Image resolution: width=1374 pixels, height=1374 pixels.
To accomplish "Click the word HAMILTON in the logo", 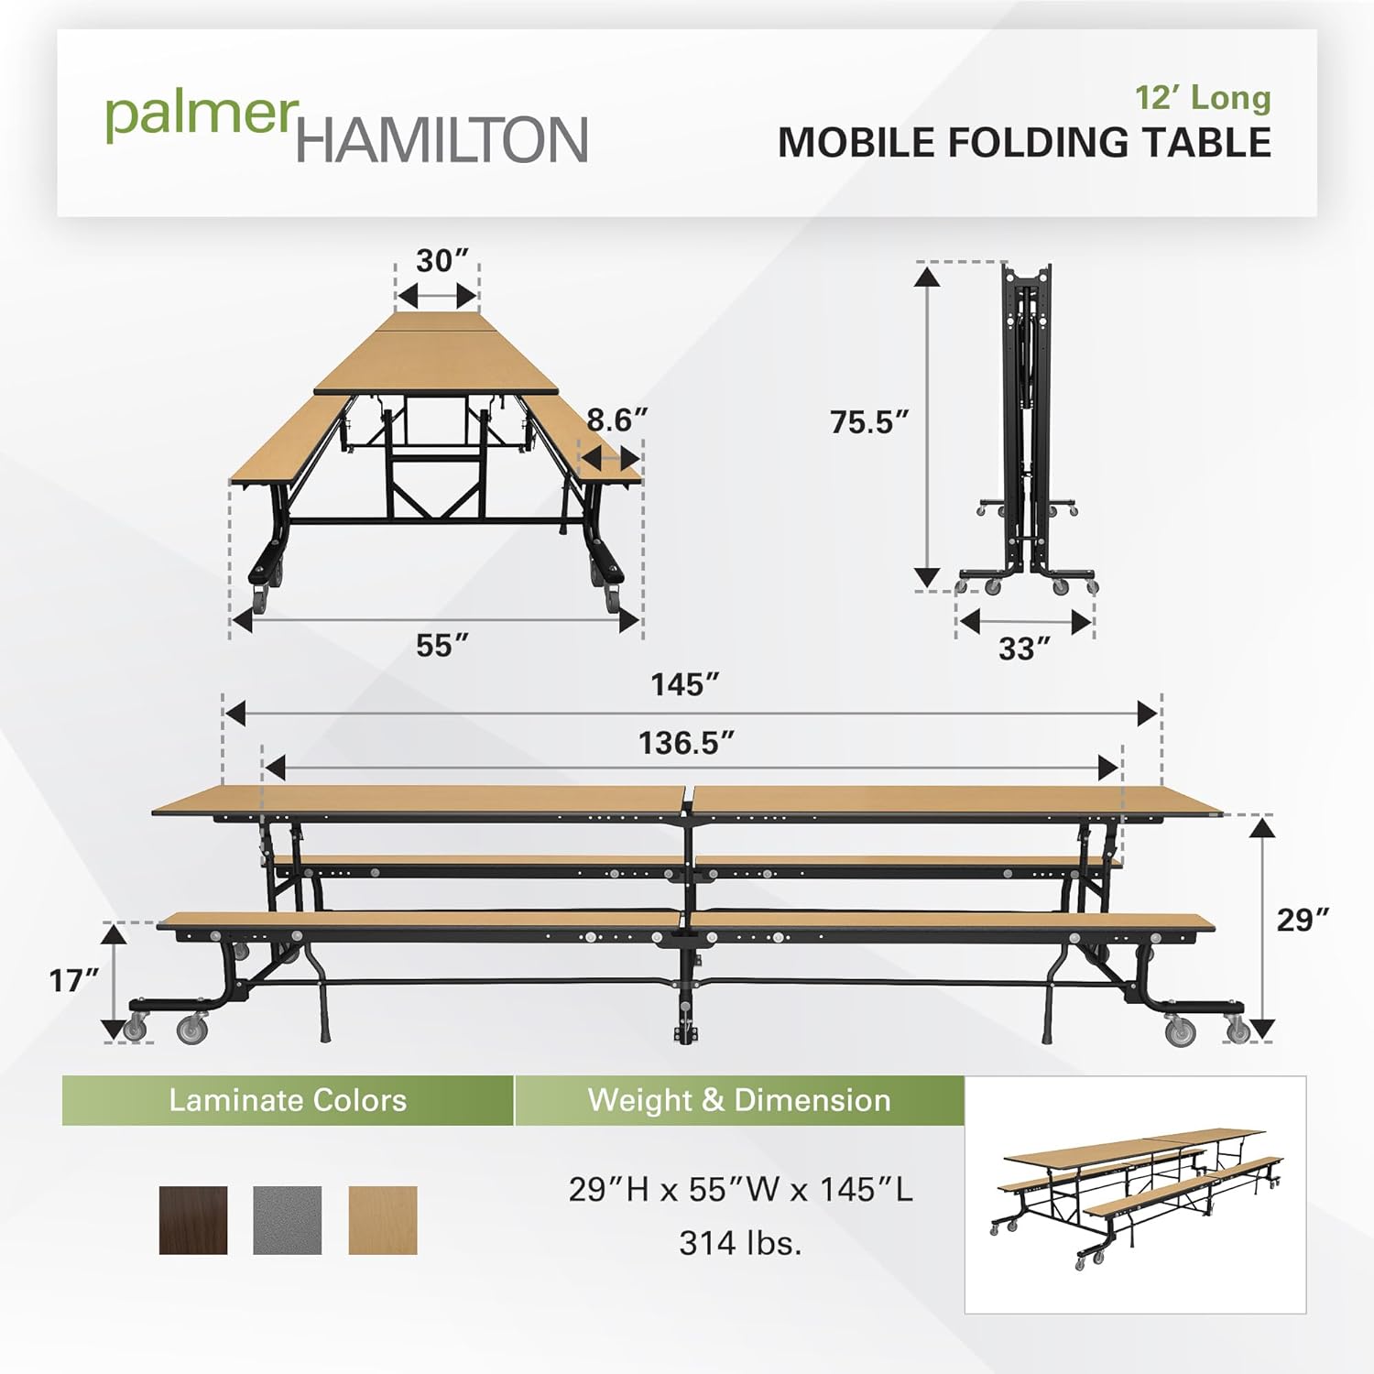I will (442, 140).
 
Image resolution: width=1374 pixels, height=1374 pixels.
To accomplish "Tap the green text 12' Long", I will (1203, 97).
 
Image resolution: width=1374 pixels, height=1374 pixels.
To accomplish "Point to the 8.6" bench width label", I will (616, 420).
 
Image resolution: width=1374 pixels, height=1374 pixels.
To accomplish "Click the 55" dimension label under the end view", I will (442, 646).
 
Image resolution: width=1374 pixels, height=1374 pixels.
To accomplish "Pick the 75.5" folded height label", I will (868, 422).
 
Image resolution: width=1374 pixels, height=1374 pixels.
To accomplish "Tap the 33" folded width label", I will (1023, 649).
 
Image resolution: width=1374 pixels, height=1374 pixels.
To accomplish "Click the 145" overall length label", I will (684, 684).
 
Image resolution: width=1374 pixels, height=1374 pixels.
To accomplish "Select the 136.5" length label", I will (686, 743).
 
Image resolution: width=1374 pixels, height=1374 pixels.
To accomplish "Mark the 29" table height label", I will (1302, 920).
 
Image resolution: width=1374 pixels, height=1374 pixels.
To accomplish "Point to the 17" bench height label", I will (73, 981).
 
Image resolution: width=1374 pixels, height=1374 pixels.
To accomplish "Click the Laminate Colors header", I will (288, 1100).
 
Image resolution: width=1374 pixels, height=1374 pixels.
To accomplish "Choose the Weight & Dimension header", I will (738, 1100).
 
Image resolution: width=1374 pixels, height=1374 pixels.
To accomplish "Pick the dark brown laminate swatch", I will (193, 1220).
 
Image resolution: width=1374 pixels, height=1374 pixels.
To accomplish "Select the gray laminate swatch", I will (288, 1220).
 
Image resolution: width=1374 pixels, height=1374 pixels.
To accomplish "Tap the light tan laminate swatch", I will (383, 1220).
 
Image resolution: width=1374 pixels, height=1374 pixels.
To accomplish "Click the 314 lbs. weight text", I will (740, 1243).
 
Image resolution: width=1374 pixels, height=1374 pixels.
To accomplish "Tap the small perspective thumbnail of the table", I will (1135, 1194).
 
